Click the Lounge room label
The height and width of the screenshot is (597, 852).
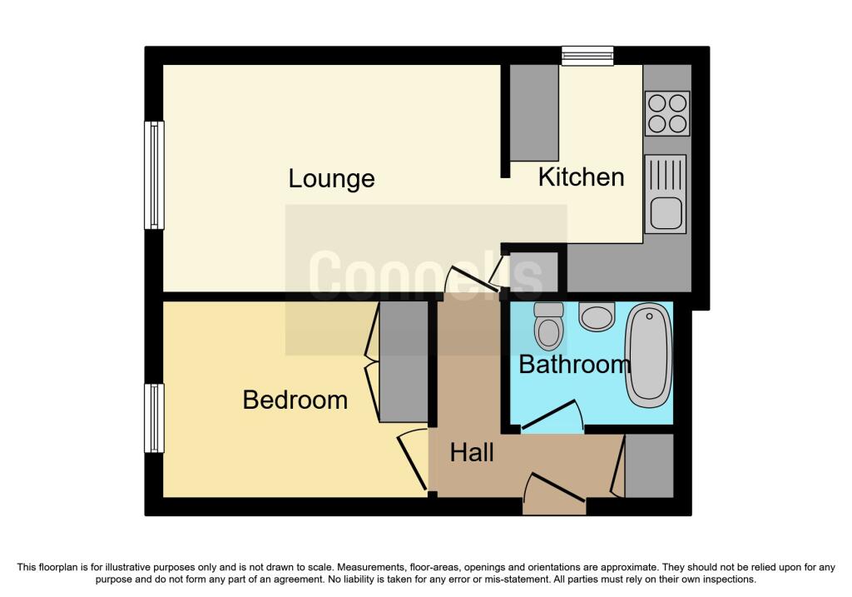point(331,179)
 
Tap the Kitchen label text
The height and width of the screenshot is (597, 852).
point(581,177)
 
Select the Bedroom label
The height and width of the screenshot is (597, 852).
point(295,400)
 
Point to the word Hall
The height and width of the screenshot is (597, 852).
point(472,452)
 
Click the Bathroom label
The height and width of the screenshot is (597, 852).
point(574,365)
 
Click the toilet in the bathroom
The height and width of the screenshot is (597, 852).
point(549,326)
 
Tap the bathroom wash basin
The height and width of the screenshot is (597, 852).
point(597,316)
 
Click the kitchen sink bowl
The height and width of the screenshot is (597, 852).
point(666,212)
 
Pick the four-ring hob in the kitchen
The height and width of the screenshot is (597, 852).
point(667,113)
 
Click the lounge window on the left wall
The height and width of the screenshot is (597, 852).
point(154,175)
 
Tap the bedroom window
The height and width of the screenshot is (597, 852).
point(154,418)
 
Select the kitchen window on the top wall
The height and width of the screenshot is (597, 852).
point(587,56)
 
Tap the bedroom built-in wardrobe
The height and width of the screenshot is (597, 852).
point(404,361)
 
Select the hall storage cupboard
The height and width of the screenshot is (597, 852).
point(649,465)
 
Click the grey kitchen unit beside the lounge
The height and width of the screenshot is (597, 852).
point(534,112)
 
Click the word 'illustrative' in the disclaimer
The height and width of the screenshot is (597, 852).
point(128,568)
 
